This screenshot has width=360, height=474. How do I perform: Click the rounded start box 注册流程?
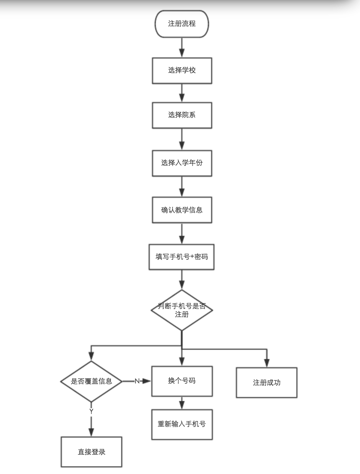181,24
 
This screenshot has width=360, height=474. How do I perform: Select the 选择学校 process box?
182,70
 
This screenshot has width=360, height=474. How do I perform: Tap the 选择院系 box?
182,115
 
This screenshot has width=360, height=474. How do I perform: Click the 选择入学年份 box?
182,163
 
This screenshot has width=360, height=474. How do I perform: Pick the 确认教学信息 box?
182,210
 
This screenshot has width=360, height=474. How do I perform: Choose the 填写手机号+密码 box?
181,257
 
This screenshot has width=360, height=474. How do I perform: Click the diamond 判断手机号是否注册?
182,310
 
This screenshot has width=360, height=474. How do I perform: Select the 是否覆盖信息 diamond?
91,381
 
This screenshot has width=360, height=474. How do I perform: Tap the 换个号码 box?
182,381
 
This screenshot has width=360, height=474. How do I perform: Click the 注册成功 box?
266,383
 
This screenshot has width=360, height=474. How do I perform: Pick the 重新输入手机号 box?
182,424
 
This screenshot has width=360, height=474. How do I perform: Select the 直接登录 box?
91,452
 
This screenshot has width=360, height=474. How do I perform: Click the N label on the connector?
137,381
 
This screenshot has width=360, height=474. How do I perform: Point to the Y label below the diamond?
91,412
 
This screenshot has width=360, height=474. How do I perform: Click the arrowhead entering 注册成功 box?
266,363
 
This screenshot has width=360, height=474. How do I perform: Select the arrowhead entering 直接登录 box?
91,432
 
